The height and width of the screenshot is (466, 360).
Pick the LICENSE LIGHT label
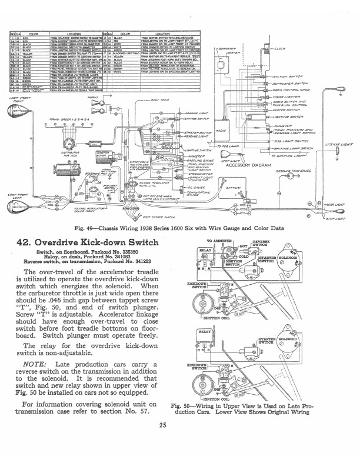pyautogui.click(x=339, y=143)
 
